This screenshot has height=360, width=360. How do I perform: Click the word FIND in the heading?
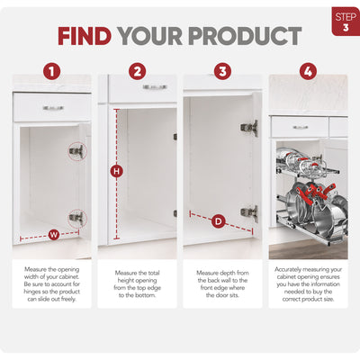[x=85, y=36]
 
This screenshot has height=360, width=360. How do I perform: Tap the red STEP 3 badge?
[x=346, y=22]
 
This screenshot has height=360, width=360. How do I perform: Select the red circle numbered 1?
[x=52, y=71]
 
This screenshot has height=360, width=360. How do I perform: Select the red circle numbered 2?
[x=138, y=71]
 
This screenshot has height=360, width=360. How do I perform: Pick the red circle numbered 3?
[x=222, y=71]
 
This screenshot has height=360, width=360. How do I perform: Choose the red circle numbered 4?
[x=308, y=71]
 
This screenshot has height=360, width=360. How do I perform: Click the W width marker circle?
[x=54, y=234]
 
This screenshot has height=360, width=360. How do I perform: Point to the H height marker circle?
[x=117, y=172]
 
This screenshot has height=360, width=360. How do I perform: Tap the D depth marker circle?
[x=219, y=221]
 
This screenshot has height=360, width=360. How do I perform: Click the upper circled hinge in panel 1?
[x=77, y=151]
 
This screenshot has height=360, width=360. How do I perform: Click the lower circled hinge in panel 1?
[x=77, y=218]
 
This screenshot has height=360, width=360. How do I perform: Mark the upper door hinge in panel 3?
[x=249, y=128]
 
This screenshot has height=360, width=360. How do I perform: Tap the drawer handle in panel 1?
[x=53, y=108]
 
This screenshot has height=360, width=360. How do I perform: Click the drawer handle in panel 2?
[x=155, y=87]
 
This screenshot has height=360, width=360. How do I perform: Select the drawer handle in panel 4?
[x=301, y=127]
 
